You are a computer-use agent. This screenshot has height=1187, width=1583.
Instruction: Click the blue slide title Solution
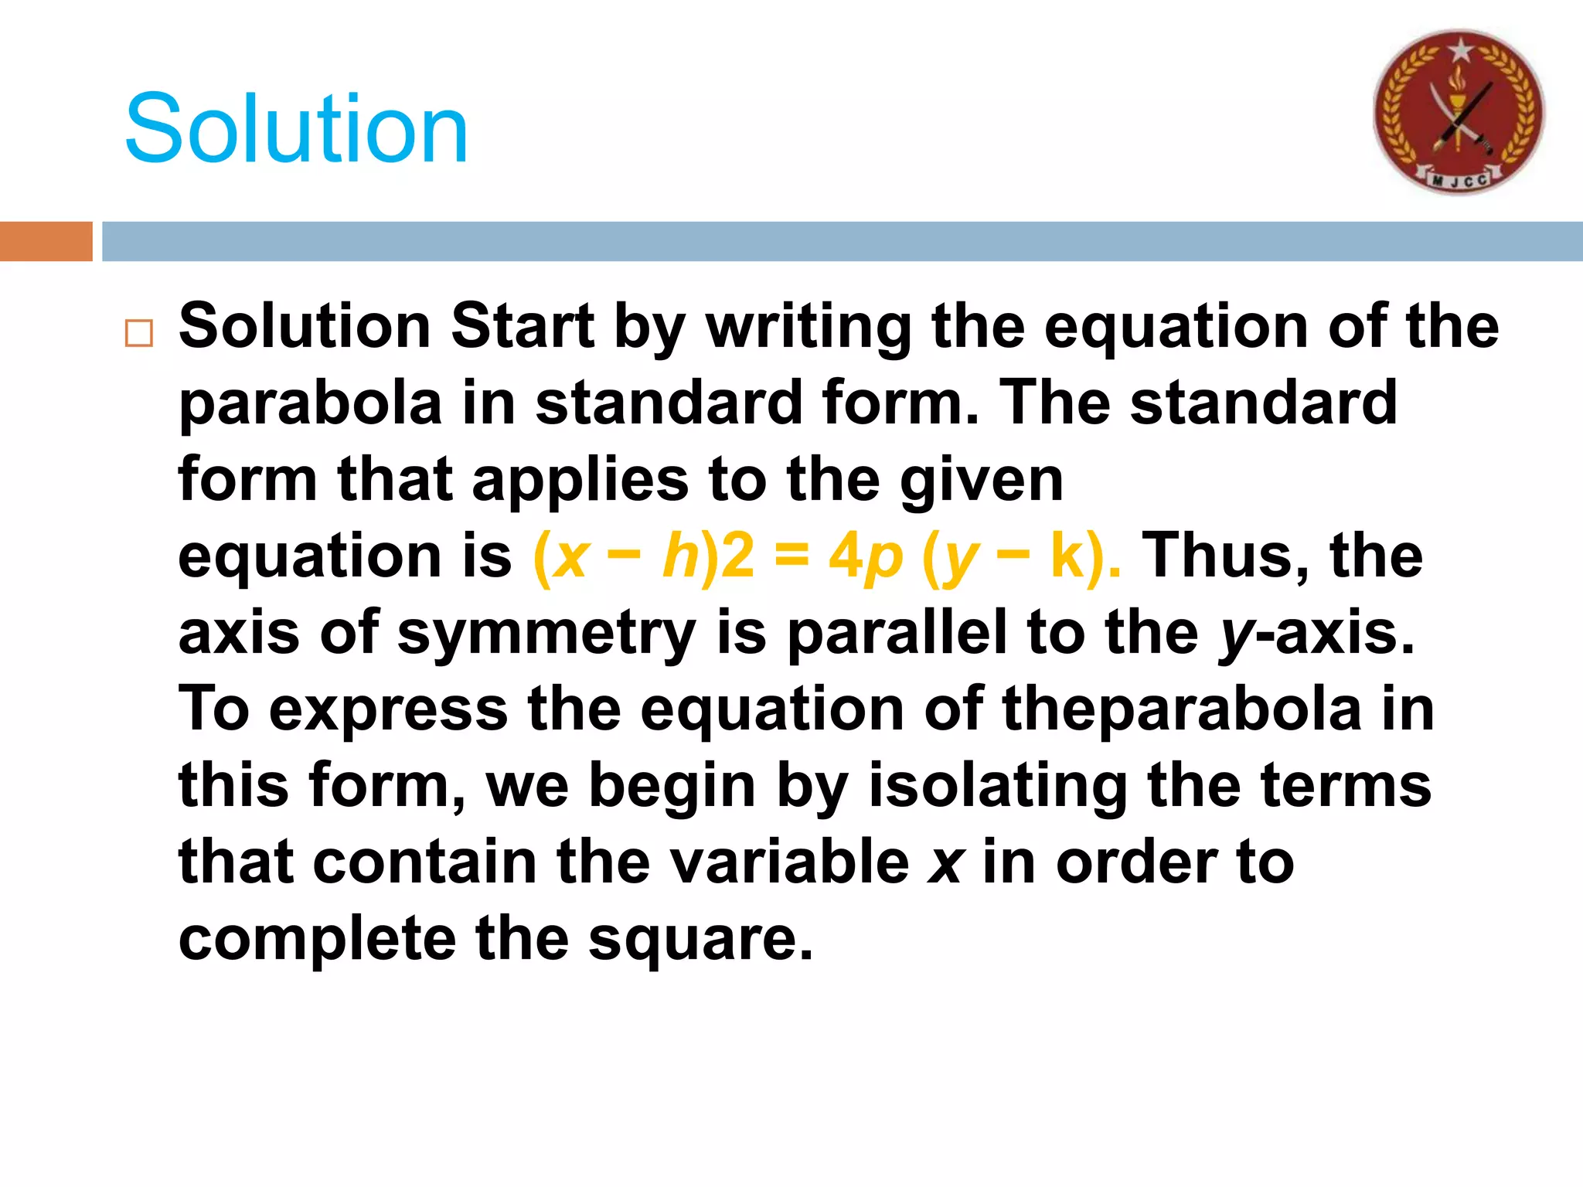pyautogui.click(x=296, y=128)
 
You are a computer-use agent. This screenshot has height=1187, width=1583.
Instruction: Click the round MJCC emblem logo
pyautogui.click(x=1459, y=112)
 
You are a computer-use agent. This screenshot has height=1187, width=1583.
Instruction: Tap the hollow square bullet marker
pyautogui.click(x=139, y=333)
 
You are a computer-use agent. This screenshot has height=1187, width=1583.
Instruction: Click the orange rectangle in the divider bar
pyautogui.click(x=46, y=241)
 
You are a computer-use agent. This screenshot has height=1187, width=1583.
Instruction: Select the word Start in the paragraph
pyautogui.click(x=523, y=326)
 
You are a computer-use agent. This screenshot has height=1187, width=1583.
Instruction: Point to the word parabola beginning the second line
pyautogui.click(x=310, y=403)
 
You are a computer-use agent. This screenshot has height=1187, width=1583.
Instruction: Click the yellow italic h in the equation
pyautogui.click(x=680, y=556)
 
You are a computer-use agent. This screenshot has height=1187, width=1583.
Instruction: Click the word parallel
pyautogui.click(x=897, y=632)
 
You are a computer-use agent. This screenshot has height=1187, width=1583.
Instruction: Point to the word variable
pyautogui.click(x=789, y=862)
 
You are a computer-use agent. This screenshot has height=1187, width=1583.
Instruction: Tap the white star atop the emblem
pyautogui.click(x=1460, y=51)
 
